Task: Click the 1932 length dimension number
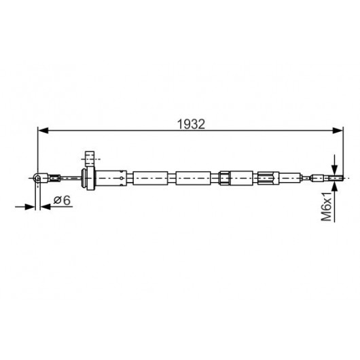click(x=191, y=124)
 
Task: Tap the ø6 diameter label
click(x=62, y=200)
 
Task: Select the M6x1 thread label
click(x=326, y=206)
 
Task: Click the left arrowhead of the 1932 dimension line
click(x=43, y=130)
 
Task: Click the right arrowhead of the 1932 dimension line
click(x=338, y=130)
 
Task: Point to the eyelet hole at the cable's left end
click(x=37, y=178)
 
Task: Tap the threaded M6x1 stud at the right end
click(x=336, y=178)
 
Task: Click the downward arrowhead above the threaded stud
click(x=335, y=170)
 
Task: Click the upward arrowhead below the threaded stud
click(x=335, y=185)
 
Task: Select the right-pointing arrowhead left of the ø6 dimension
click(x=30, y=207)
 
